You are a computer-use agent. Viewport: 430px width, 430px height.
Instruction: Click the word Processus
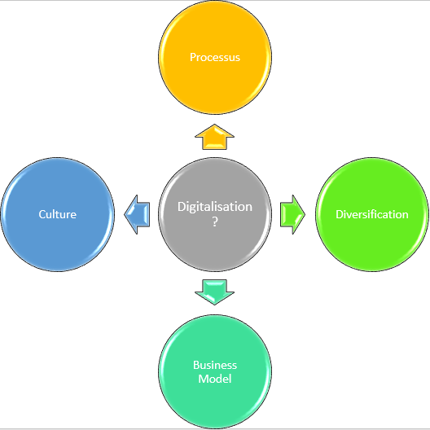[x=215, y=58]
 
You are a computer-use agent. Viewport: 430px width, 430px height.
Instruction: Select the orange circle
[x=215, y=81]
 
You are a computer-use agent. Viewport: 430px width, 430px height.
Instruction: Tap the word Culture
[x=57, y=214]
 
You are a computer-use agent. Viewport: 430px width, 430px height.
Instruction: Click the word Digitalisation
[x=215, y=207]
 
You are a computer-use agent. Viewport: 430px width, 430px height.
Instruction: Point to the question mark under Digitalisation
[x=215, y=222]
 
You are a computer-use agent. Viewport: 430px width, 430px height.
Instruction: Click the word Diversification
[x=372, y=214]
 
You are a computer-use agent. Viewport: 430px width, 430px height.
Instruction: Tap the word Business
[x=215, y=365]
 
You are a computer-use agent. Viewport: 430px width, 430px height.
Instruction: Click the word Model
[x=215, y=379]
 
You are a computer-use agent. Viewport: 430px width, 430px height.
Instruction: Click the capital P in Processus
[x=193, y=58]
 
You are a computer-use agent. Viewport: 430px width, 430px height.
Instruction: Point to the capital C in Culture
[x=42, y=214]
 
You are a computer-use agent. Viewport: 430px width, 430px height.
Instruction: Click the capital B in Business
[x=196, y=365]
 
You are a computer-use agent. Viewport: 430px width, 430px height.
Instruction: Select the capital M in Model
[x=203, y=379]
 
